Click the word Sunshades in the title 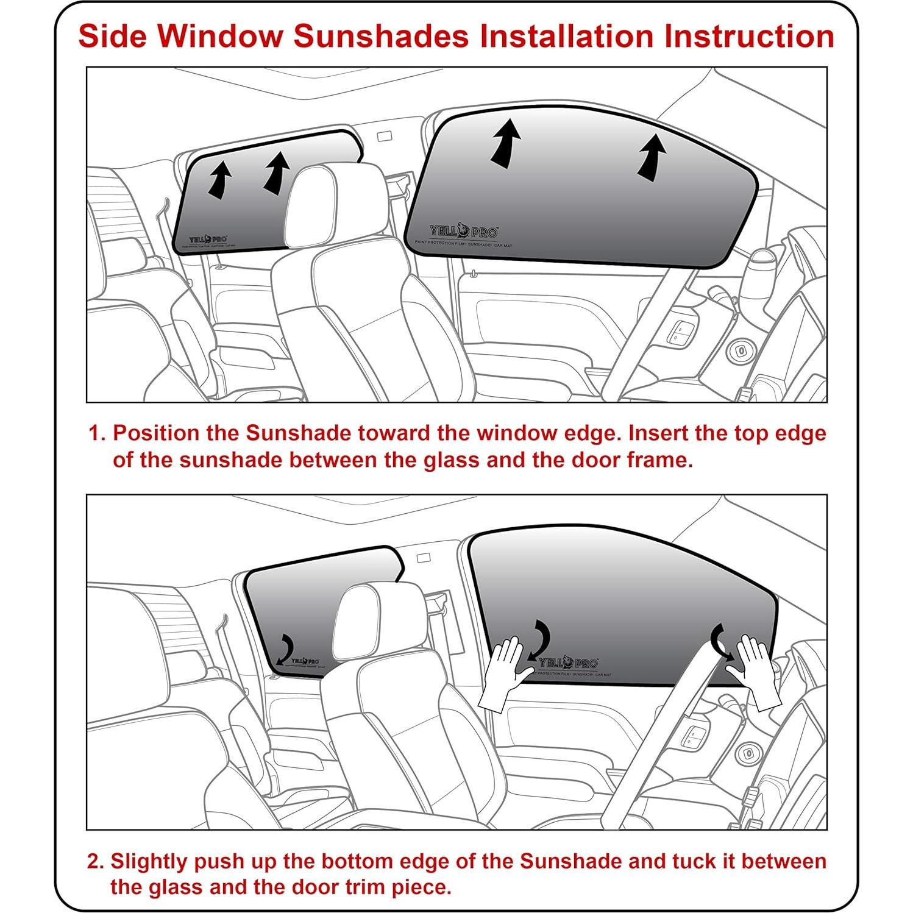tap(381, 36)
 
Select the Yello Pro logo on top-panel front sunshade tap(463, 232)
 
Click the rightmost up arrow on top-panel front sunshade tap(652, 158)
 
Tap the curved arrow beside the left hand tap(540, 640)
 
